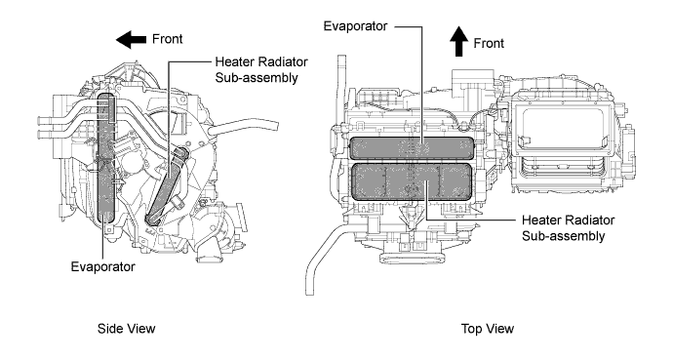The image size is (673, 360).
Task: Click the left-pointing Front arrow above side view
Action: [131, 40]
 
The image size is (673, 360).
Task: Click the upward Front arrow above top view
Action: [458, 41]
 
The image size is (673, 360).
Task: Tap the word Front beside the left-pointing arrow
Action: [168, 39]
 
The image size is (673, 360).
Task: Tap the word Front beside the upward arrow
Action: [489, 43]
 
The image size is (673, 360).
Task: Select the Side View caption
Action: [126, 329]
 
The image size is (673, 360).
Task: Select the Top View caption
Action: [488, 329]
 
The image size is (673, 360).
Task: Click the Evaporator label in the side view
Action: [103, 266]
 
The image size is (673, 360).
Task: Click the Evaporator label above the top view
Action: [355, 26]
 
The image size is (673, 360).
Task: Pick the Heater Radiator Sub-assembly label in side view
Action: [261, 69]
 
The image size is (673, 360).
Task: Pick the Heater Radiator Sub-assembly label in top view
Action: [568, 228]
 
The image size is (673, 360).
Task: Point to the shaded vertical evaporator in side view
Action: [106, 158]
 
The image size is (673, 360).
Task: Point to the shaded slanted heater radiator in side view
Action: [167, 185]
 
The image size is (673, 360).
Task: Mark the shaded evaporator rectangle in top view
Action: [413, 148]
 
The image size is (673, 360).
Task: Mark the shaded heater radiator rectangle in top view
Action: [413, 181]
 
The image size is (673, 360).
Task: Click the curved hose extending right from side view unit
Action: [244, 127]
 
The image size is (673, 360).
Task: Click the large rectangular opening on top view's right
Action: [560, 127]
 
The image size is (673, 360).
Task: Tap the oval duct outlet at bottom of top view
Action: [413, 259]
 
